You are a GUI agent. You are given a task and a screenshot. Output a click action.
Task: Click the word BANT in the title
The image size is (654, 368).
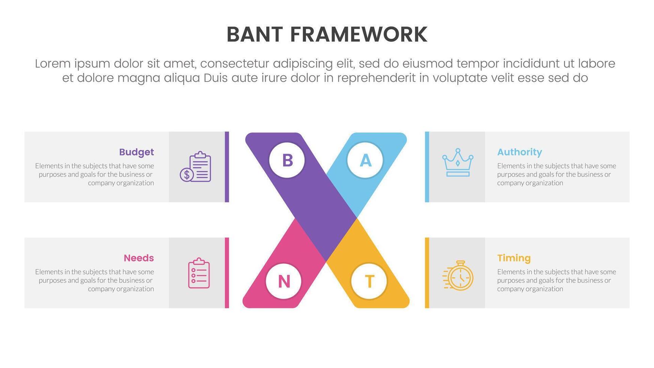pos(254,35)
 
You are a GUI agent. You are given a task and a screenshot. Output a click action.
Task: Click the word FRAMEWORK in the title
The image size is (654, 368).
pos(359,35)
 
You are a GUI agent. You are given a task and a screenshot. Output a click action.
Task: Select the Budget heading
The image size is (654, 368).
pos(136,152)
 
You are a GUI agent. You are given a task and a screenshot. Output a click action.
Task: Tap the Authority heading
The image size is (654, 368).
pos(519,152)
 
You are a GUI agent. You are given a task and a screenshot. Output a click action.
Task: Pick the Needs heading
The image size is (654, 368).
pos(139,258)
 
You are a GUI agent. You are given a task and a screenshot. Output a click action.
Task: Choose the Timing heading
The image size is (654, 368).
pos(514,258)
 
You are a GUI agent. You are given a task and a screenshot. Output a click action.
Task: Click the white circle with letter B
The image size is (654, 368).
pos(287,160)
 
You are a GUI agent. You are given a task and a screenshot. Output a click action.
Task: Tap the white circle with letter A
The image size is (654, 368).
pos(365,160)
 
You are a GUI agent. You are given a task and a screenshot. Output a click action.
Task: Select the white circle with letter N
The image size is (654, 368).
pos(284,281)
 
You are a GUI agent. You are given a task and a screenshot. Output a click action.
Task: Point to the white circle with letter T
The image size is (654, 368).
pos(369,281)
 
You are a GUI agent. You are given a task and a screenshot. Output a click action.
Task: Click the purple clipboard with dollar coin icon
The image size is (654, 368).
pos(196,167)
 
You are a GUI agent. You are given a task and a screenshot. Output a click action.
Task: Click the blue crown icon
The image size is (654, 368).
pos(458,163)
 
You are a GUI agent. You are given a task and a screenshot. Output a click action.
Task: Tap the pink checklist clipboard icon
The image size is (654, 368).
pos(199,273)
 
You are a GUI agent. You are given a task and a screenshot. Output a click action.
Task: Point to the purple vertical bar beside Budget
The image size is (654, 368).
pos(227,167)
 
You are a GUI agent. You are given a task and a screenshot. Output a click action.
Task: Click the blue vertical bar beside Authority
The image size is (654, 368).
pos(427,167)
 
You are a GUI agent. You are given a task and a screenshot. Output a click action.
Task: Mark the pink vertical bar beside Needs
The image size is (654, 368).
pos(227,273)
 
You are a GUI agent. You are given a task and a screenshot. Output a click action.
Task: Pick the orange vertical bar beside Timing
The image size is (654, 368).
pos(427,273)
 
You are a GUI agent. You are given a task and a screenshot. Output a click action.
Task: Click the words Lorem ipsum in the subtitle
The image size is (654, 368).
pos(71,64)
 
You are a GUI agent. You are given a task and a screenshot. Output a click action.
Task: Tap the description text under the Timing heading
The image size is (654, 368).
pos(556,280)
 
